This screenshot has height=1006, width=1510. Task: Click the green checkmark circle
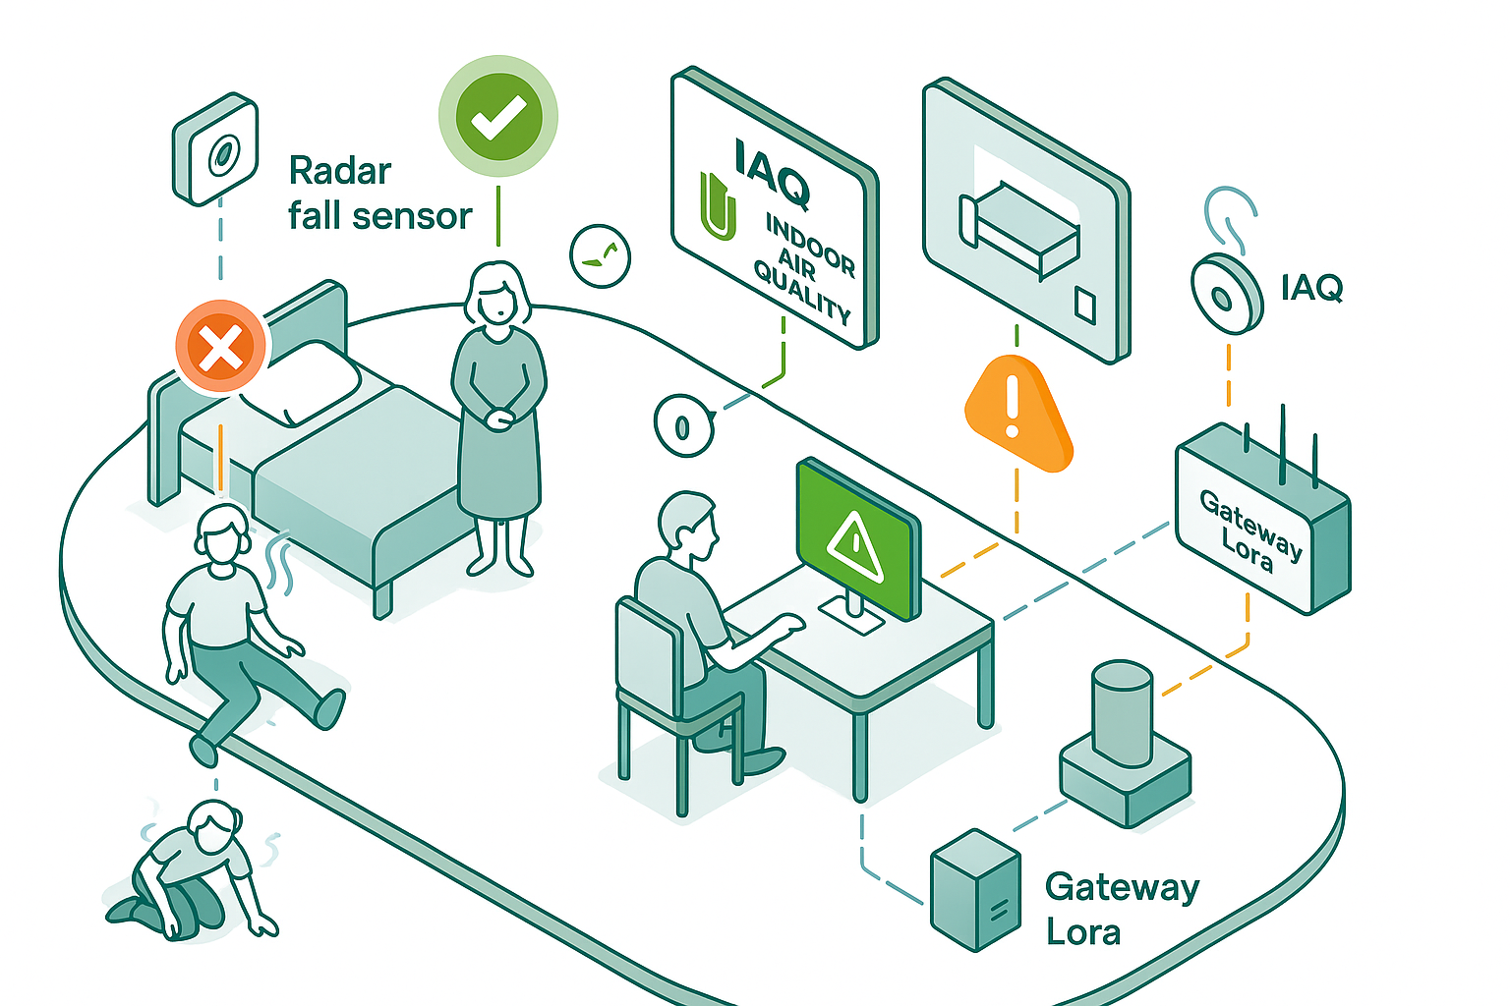point(498,116)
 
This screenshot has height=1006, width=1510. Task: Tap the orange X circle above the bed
point(221,347)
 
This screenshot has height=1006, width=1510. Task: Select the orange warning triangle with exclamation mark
point(1016,413)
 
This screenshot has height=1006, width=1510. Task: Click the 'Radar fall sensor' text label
point(379,194)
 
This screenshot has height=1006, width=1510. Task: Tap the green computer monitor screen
point(856,536)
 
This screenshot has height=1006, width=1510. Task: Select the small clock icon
point(600,256)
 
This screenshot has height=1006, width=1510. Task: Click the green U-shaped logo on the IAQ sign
point(719,206)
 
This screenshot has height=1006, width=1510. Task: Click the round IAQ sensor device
point(1226,295)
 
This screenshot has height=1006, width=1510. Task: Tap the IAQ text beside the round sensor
point(1311,288)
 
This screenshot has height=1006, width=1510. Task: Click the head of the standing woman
point(497,293)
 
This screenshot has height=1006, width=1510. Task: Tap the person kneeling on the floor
point(192,869)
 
